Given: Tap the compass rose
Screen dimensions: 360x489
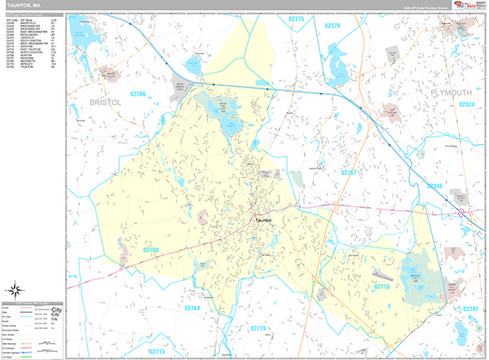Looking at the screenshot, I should pos(15,288).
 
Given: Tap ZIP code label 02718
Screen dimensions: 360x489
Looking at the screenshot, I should pos(382,287).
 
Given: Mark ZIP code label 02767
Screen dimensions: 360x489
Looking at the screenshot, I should pos(350,173).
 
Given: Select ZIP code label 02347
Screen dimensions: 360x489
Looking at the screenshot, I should pos(470,310).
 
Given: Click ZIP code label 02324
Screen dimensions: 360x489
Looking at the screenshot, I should pos(465,104).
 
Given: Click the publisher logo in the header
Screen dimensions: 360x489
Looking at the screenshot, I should pos(469,5).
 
